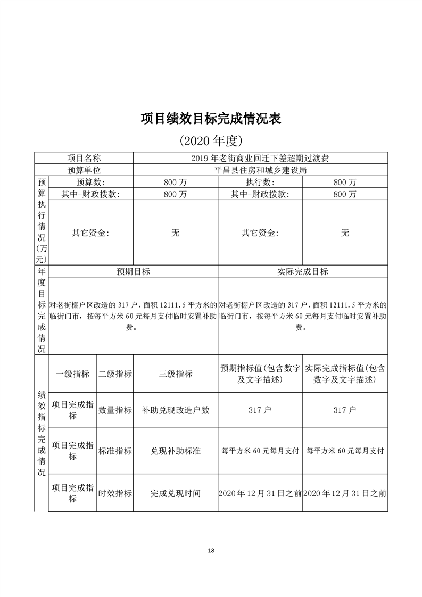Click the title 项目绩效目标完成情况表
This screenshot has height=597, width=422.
tap(211, 118)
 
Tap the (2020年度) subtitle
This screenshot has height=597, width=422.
tap(211, 141)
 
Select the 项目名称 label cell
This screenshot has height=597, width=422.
tap(84, 158)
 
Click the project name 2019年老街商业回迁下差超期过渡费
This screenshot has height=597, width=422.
tap(260, 158)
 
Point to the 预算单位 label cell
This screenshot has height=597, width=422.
tap(84, 170)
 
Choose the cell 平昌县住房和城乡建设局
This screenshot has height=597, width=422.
tap(260, 170)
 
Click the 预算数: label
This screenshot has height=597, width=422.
tap(90, 183)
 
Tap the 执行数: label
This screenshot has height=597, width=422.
tap(260, 183)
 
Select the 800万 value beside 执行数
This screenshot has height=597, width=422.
tap(345, 183)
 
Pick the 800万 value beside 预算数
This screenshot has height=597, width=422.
tap(176, 183)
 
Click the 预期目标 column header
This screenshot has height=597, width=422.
tap(134, 271)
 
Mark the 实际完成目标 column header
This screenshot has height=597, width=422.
tap(303, 271)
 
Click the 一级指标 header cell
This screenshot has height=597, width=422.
tap(72, 374)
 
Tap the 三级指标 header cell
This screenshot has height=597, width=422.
tap(176, 374)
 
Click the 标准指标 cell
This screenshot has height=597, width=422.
tap(115, 451)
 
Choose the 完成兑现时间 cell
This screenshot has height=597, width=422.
tap(176, 493)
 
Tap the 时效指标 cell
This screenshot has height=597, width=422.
tap(115, 493)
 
